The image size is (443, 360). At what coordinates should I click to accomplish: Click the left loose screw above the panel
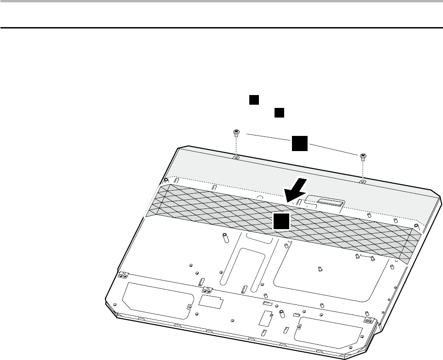tap(236, 134)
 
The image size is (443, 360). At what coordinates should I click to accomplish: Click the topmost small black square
tap(254, 100)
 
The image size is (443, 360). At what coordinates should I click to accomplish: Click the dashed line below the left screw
tap(236, 146)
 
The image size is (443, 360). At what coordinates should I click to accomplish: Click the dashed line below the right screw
tap(363, 170)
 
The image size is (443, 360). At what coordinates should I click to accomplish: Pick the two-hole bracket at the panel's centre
tap(206, 291)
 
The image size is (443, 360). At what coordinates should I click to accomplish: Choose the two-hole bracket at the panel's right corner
tap(368, 320)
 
